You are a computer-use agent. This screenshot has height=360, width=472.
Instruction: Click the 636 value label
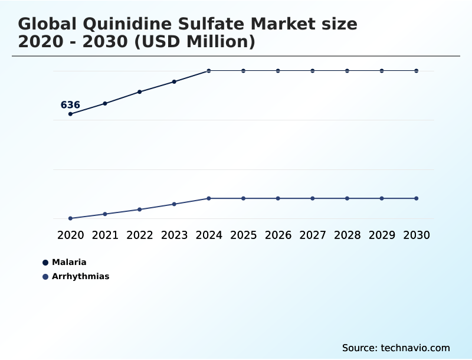[70, 105]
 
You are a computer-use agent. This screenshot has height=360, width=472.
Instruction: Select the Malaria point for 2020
[71, 114]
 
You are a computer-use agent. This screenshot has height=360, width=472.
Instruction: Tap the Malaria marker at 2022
[140, 92]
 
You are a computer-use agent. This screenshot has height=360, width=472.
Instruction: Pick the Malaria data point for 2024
[209, 71]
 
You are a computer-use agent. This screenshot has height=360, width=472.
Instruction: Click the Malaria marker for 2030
[416, 71]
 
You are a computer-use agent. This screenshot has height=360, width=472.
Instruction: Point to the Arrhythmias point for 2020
[71, 218]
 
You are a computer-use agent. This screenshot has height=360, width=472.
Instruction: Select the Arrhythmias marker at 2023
[174, 204]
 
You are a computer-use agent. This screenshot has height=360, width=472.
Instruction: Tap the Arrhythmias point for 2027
[313, 198]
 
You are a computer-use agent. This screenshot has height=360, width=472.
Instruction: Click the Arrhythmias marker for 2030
[416, 198]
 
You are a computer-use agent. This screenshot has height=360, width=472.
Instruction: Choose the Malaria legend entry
[69, 262]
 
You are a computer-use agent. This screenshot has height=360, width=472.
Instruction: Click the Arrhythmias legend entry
[80, 276]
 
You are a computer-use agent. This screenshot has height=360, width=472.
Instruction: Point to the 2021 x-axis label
[105, 235]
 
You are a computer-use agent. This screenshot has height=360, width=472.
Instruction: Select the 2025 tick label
[243, 235]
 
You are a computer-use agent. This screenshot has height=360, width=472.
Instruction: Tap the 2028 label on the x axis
[347, 235]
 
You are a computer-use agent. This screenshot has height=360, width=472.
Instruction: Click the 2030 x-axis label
[416, 235]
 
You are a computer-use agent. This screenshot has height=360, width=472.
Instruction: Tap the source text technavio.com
[415, 348]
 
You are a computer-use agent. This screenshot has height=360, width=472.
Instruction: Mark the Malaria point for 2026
[278, 71]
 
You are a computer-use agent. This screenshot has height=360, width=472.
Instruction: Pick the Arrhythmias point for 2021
[105, 214]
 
